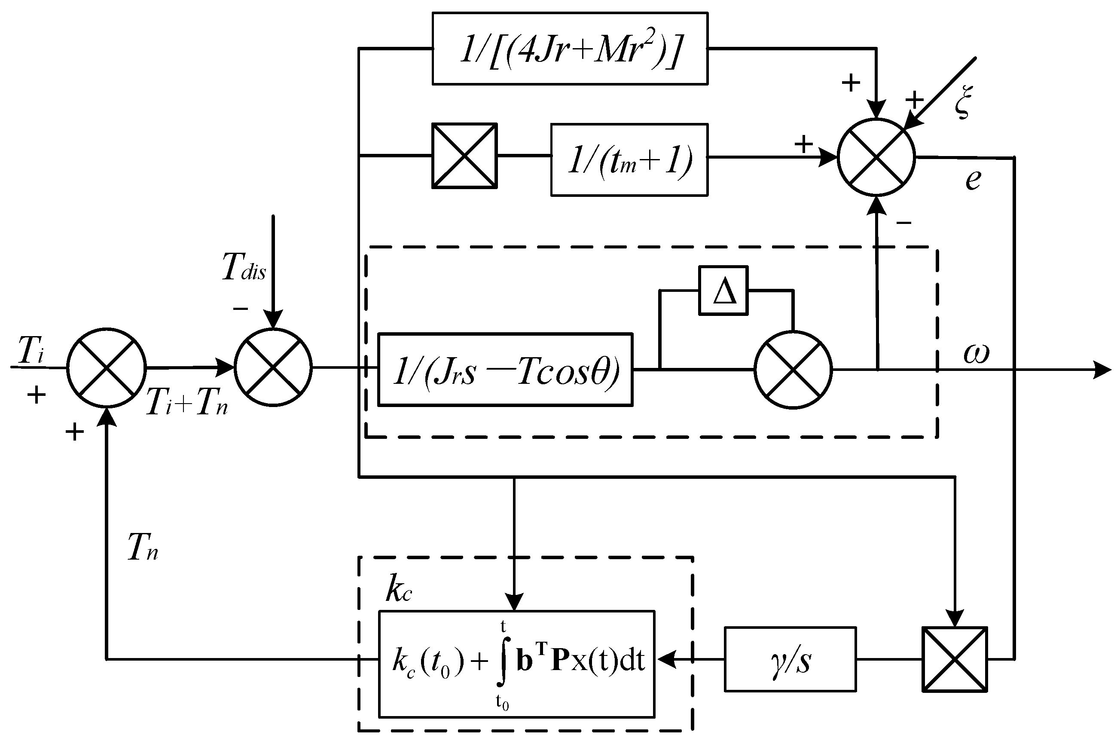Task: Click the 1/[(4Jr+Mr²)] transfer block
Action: pos(570,49)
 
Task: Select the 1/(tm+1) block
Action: pos(629,159)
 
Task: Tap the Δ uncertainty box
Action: pos(723,291)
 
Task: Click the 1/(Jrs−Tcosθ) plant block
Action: pos(505,370)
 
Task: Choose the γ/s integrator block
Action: pos(790,659)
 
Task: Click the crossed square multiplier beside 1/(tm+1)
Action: pos(464,156)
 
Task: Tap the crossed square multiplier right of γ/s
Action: pos(954,659)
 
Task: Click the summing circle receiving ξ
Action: pos(876,157)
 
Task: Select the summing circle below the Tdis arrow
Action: pos(273,367)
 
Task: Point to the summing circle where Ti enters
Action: pos(107,367)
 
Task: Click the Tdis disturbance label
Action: pos(244,267)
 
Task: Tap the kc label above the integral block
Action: pos(398,590)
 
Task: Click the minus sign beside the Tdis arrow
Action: pos(241,309)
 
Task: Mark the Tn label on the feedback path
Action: pos(143,547)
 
